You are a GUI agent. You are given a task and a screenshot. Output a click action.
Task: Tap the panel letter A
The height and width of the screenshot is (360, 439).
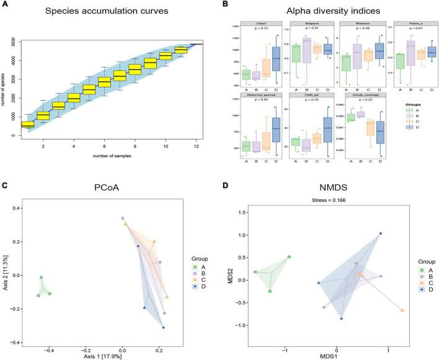point(4,5)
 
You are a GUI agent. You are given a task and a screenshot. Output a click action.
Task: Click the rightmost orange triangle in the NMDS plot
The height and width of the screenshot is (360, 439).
point(403,310)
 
